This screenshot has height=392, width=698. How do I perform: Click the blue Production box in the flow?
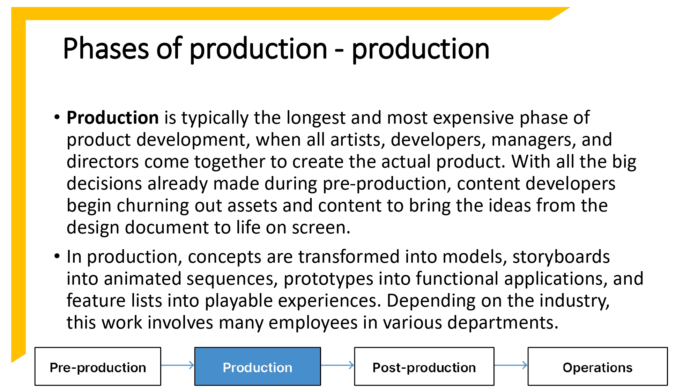(x=258, y=367)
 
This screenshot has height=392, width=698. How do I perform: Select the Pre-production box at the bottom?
(x=98, y=367)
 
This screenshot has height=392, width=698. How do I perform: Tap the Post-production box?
(x=424, y=367)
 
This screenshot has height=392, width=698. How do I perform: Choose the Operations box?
(x=597, y=367)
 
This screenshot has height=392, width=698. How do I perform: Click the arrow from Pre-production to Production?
(x=178, y=365)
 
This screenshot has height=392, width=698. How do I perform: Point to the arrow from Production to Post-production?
(x=337, y=365)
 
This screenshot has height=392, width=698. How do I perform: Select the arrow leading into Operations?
(x=511, y=365)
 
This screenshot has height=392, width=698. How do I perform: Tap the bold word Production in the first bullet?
(x=113, y=118)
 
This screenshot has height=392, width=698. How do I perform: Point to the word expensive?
(x=474, y=118)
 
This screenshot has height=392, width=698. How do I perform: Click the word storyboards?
(x=561, y=257)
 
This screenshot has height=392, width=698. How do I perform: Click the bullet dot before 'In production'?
(x=57, y=256)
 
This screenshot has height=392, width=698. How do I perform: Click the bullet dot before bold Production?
(x=57, y=117)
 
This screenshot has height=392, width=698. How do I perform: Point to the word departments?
(x=503, y=323)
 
